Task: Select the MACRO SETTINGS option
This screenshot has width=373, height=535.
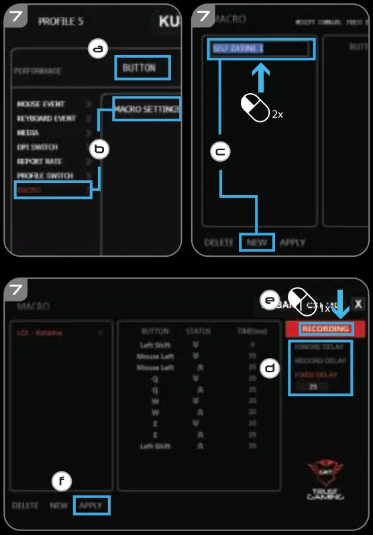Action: pyautogui.click(x=147, y=109)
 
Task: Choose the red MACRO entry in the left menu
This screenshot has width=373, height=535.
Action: pyautogui.click(x=30, y=190)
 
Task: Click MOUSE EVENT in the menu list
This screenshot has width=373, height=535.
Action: pyautogui.click(x=41, y=105)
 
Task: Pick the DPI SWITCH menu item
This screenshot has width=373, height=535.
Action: pyautogui.click(x=38, y=147)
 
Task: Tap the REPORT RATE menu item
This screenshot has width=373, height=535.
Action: pyautogui.click(x=39, y=162)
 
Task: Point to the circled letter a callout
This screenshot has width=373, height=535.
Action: pyautogui.click(x=99, y=49)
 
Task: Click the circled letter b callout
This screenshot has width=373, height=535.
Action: pyautogui.click(x=99, y=150)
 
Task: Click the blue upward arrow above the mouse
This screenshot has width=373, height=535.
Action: pyautogui.click(x=262, y=77)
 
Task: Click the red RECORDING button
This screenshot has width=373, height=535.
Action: pyautogui.click(x=325, y=329)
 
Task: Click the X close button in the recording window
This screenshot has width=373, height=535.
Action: pyautogui.click(x=359, y=304)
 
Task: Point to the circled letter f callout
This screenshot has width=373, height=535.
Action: pyautogui.click(x=62, y=481)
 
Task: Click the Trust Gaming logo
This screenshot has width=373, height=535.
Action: pyautogui.click(x=325, y=479)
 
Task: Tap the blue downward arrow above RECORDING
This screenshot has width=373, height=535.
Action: pyautogui.click(x=343, y=304)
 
